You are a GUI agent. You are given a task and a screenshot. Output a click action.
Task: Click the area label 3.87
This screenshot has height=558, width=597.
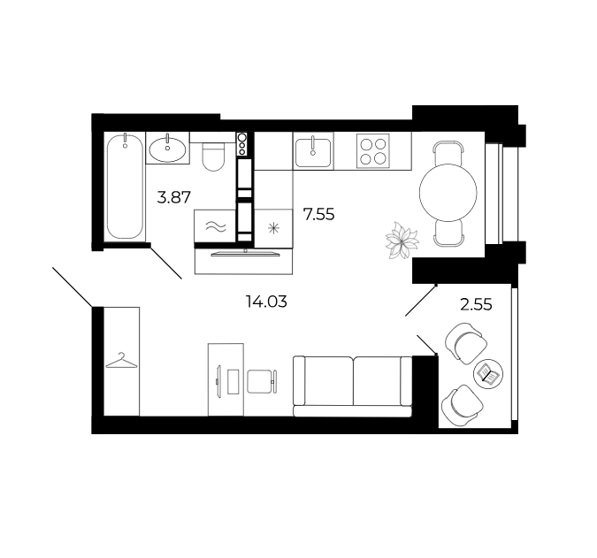[x=173, y=197]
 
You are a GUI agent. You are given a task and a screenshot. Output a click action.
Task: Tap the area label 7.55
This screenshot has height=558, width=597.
[x=318, y=214]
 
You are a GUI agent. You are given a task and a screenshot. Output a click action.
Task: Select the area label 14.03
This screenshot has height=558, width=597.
[x=266, y=302]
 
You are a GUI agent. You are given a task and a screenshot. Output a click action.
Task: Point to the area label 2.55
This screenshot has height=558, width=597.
[x=476, y=304]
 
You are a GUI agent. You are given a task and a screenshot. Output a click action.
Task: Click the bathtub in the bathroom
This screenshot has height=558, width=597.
[x=125, y=187]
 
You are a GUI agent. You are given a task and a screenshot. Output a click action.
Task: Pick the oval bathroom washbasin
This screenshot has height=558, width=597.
[x=167, y=149]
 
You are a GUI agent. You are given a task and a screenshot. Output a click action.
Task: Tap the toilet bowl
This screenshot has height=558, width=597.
[x=213, y=156]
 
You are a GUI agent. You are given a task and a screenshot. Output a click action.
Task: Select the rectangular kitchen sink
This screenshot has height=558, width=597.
[x=313, y=153]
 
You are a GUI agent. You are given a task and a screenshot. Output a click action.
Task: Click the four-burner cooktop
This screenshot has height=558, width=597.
[x=373, y=150]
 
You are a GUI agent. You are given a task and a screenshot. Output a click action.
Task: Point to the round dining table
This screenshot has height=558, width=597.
[x=448, y=192]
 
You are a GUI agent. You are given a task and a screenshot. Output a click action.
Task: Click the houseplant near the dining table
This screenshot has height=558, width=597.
[x=402, y=241]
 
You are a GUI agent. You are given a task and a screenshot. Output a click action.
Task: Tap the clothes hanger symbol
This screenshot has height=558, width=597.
[x=121, y=361]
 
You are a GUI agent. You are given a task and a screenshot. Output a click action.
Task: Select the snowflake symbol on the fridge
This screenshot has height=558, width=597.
[x=273, y=228]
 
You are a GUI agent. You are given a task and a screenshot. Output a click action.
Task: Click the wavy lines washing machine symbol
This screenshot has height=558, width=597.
[x=216, y=227]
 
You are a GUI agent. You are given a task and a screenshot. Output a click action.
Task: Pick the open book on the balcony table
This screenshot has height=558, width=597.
[x=487, y=373]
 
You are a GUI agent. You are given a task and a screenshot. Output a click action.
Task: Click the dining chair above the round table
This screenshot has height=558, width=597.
[x=449, y=152]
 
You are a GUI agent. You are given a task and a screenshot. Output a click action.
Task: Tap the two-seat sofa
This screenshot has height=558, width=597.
[x=353, y=386]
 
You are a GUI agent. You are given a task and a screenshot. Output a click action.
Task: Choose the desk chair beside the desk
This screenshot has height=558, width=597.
[x=262, y=381]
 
